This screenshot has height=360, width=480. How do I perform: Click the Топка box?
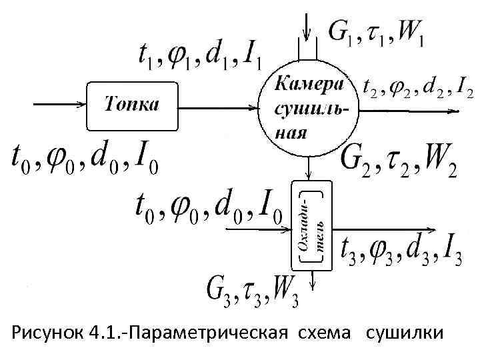[133, 105]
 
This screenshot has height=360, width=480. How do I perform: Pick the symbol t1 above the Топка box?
[149, 57]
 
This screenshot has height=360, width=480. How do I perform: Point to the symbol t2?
[369, 87]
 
